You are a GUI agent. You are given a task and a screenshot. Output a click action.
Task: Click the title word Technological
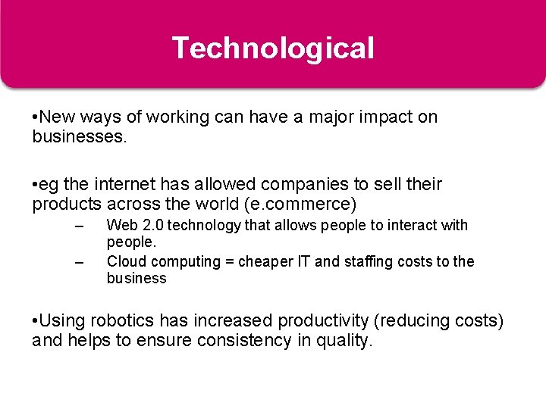point(273,48)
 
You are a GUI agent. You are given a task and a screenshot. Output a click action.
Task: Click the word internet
point(121,184)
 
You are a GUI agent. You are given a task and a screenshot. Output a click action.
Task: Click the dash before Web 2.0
point(78,226)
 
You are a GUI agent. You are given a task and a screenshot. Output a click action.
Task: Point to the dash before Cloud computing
point(78,262)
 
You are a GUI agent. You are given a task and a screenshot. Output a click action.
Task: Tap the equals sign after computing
point(228,261)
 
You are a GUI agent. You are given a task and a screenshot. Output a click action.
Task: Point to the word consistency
point(243,341)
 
